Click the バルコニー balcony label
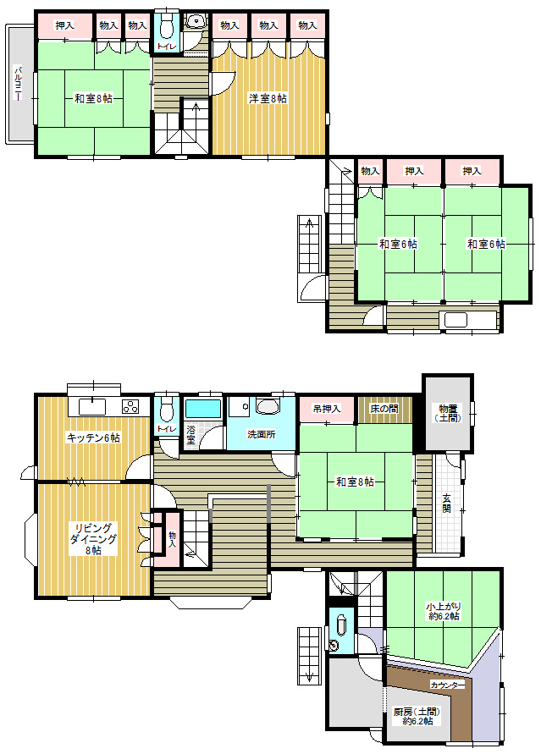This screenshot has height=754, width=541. (x=18, y=83)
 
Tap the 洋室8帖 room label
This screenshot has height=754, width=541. (x=268, y=98)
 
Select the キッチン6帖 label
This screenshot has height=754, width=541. (x=93, y=438)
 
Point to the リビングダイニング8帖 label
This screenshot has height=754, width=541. (x=93, y=539)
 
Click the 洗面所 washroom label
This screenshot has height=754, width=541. (x=261, y=434)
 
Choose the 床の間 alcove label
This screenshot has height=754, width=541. (x=384, y=409)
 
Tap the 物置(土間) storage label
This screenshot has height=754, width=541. (x=448, y=414)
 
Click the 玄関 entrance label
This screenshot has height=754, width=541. (x=447, y=503)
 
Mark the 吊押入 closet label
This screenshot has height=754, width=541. (x=327, y=409)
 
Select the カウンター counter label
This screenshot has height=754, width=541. (x=447, y=685)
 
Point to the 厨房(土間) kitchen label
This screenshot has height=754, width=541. (x=417, y=717)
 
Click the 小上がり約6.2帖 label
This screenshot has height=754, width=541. (x=443, y=611)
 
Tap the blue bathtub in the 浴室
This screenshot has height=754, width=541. (x=203, y=408)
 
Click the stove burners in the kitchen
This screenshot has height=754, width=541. (x=130, y=407)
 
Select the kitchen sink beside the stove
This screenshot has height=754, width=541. (x=91, y=407)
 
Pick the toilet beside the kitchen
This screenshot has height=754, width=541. (x=167, y=408)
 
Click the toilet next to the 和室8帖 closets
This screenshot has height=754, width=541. (x=167, y=26)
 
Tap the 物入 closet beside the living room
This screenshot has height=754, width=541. (x=172, y=538)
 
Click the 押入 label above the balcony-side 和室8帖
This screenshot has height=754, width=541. (x=64, y=25)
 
